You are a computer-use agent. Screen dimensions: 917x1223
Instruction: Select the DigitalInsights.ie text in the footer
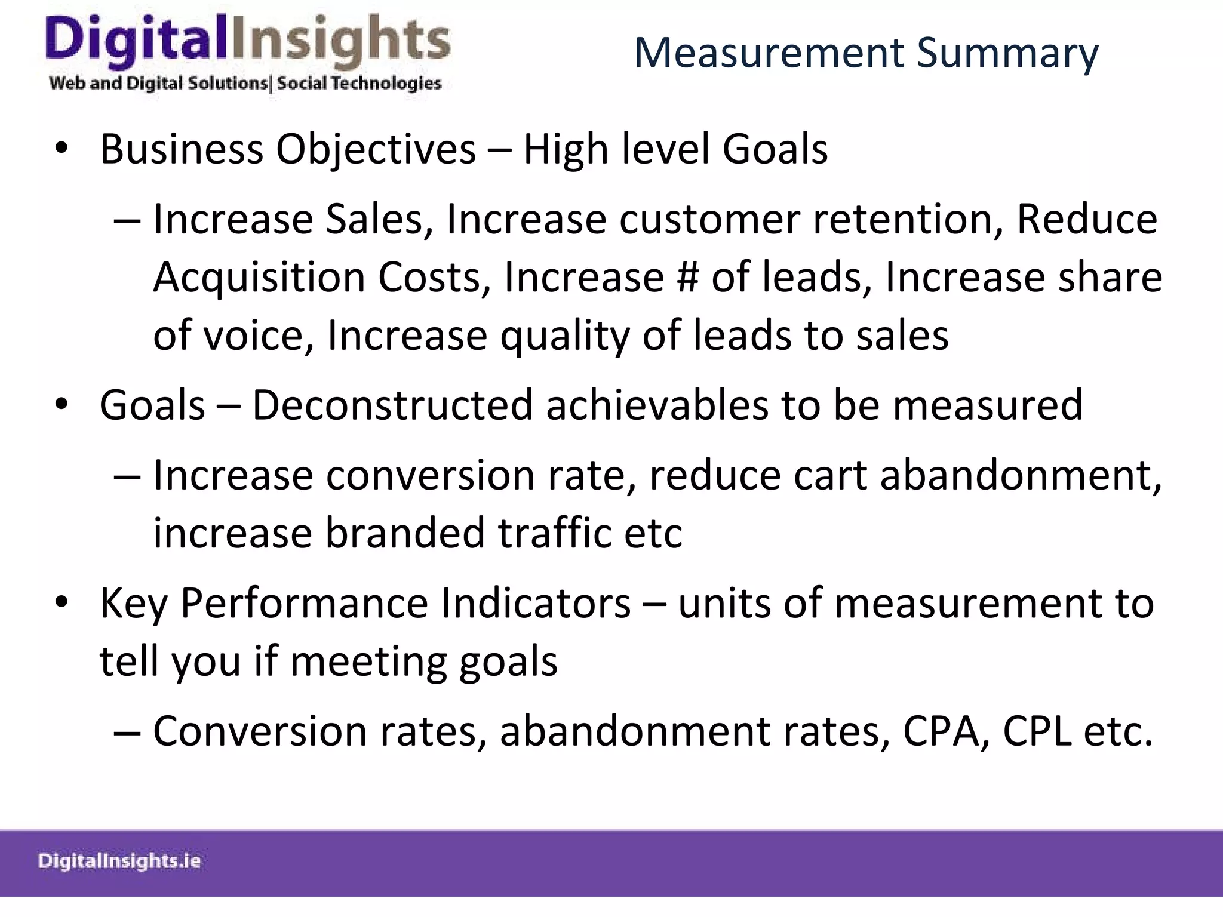tap(119, 861)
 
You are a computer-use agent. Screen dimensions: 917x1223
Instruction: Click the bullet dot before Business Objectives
tap(62, 149)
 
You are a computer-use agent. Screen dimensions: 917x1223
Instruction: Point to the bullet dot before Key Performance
tap(62, 603)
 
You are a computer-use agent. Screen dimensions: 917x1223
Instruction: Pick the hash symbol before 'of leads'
tap(687, 278)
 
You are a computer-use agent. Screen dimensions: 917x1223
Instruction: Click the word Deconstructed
tap(392, 405)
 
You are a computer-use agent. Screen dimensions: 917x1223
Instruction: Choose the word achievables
tap(656, 405)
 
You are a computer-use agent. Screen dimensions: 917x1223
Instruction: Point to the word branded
tap(404, 533)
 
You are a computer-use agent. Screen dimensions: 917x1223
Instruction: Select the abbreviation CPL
tap(1036, 731)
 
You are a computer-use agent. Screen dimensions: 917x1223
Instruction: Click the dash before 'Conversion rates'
tap(127, 733)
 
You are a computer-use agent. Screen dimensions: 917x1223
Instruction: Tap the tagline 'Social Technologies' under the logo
tap(359, 83)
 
